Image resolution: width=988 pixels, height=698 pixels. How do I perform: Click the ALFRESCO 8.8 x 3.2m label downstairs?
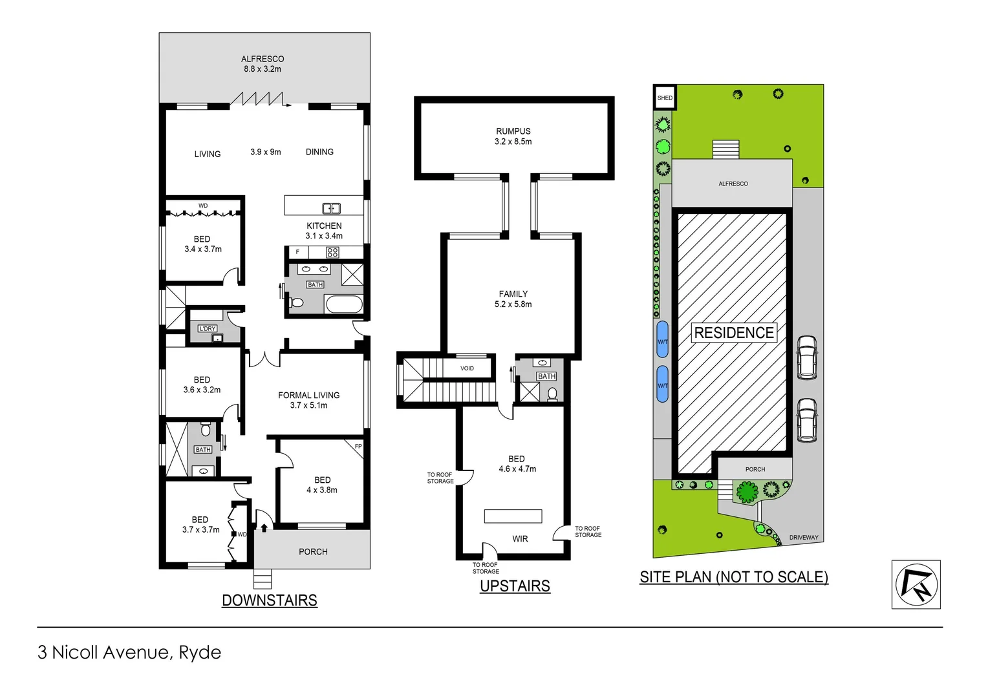(263, 64)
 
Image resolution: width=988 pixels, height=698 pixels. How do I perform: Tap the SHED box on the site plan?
(665, 98)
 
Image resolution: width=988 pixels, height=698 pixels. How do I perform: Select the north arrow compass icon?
(916, 584)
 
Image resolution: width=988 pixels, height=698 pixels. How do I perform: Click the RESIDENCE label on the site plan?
(734, 333)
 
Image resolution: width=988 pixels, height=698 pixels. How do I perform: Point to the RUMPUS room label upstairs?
(513, 136)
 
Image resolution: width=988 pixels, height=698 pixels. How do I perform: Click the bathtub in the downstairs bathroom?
(344, 304)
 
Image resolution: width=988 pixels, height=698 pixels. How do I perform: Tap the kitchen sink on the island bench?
(332, 208)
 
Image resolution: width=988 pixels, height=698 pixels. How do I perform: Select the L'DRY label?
(208, 328)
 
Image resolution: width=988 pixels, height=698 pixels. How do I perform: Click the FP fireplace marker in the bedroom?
(358, 447)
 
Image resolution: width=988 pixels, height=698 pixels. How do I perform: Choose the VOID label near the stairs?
(467, 368)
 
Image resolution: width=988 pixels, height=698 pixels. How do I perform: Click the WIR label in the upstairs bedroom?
(520, 539)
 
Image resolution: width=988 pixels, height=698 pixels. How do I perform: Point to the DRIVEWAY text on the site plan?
(804, 537)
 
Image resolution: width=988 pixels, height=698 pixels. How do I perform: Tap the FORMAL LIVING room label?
(309, 400)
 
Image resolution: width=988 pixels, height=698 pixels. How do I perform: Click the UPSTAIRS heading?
(515, 586)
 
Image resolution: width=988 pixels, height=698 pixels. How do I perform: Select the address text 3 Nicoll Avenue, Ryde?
(129, 653)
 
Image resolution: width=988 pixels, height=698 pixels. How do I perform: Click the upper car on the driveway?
(806, 357)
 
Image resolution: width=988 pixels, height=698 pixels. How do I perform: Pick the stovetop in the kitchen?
(332, 253)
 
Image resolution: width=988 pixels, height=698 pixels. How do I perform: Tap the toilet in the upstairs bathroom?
(552, 393)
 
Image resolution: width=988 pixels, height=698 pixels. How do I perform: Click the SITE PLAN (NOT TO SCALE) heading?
(734, 577)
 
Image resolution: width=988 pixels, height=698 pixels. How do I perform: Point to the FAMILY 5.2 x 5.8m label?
(513, 299)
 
